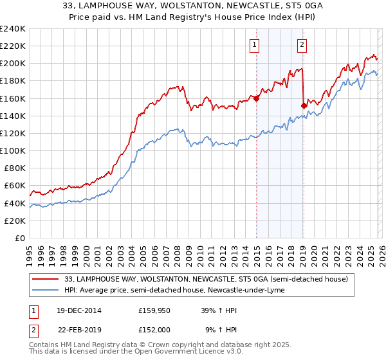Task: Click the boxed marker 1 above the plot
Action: pos(255,44)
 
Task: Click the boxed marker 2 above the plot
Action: pos(302,44)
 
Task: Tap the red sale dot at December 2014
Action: pos(256,98)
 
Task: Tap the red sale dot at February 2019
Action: pos(303,105)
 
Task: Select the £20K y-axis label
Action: pos(15,221)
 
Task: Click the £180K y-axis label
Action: pos(12,81)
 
